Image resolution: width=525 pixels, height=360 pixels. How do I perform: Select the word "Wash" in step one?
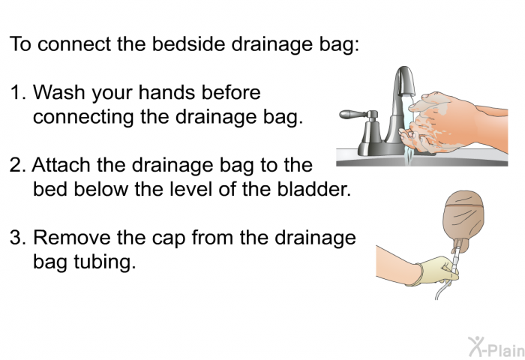[58, 94]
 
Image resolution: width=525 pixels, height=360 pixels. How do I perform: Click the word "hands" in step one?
[173, 94]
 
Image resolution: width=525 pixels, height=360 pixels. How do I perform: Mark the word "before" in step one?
[230, 94]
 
